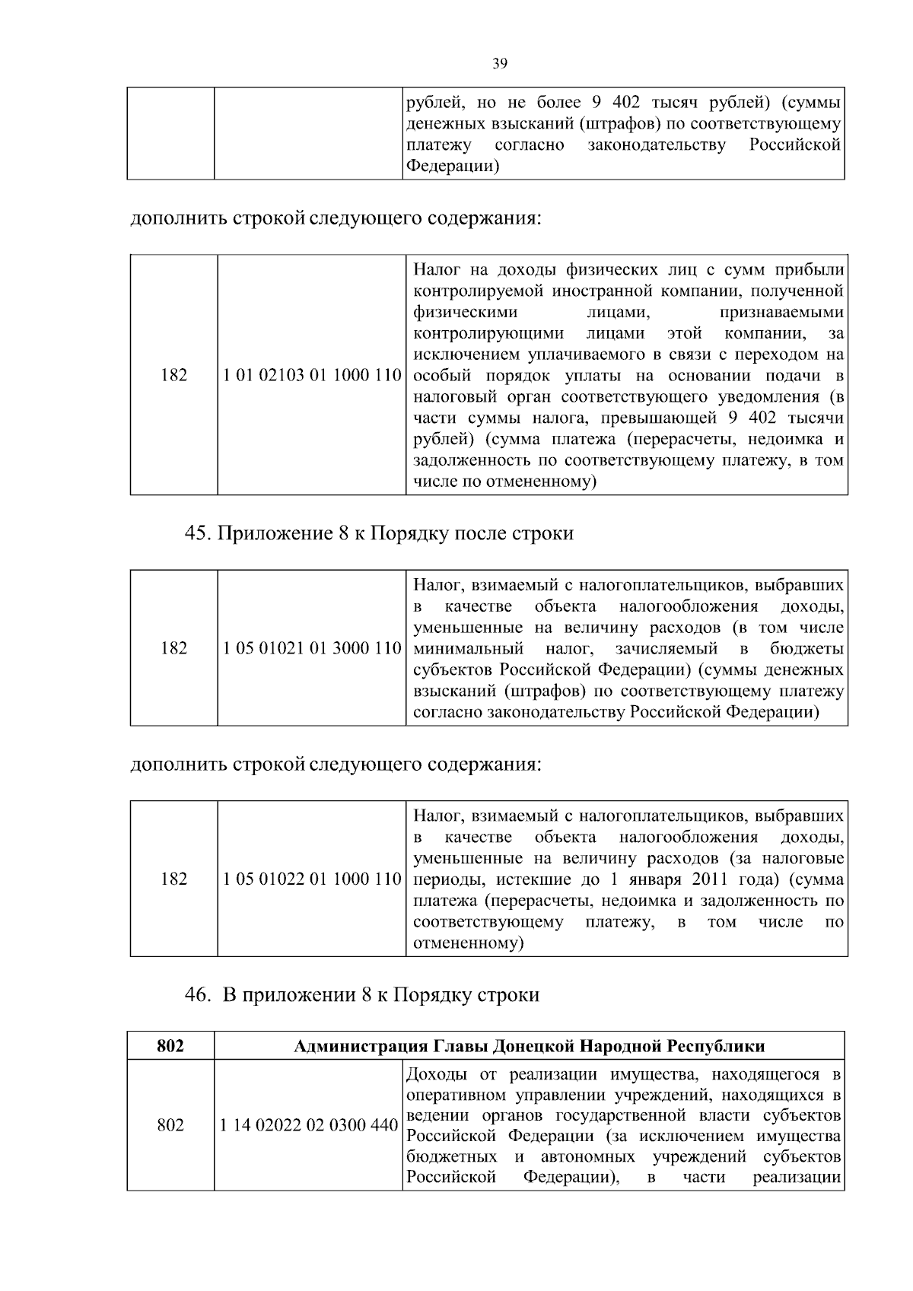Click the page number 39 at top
click(x=500, y=64)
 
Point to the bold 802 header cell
click(x=170, y=1046)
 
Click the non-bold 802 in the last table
click(x=170, y=1125)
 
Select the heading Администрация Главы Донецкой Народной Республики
click(x=529, y=1046)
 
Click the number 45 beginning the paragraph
click(x=196, y=533)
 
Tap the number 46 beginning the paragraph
click(x=196, y=994)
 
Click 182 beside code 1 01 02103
click(x=174, y=376)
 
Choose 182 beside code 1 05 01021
click(x=174, y=649)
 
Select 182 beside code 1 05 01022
click(x=174, y=879)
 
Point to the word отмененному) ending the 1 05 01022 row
click(x=469, y=944)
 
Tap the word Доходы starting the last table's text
click(x=437, y=1075)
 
